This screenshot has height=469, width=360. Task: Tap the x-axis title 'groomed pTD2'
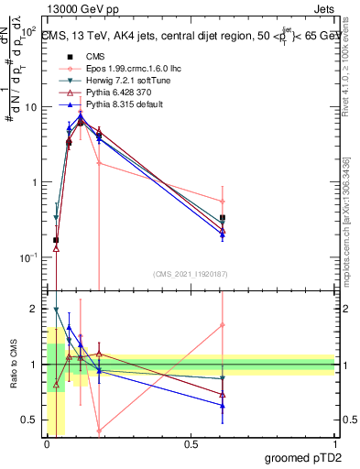coord(303,457)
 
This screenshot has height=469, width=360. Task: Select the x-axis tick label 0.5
coord(191,444)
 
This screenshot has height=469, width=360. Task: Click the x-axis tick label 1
coord(333,444)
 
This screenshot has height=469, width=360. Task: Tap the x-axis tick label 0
coord(47,444)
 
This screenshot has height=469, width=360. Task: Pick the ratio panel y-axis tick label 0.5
coord(33,420)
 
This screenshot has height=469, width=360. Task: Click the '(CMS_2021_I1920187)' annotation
coord(190,273)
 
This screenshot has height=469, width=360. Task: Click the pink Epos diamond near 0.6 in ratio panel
coord(223,325)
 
